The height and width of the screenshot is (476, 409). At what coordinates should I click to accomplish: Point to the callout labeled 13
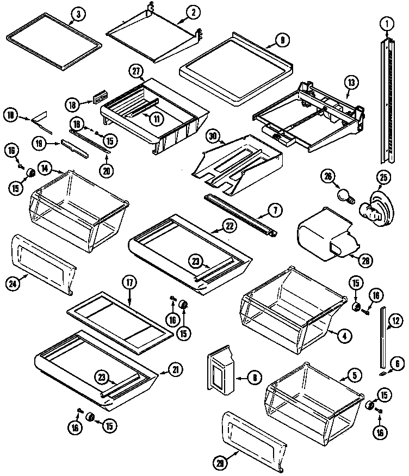[351, 83]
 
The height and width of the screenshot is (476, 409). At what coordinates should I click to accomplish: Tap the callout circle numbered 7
[275, 209]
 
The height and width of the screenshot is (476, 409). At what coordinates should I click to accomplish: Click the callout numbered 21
[176, 370]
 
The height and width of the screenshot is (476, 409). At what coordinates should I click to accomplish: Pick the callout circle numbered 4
[343, 336]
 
